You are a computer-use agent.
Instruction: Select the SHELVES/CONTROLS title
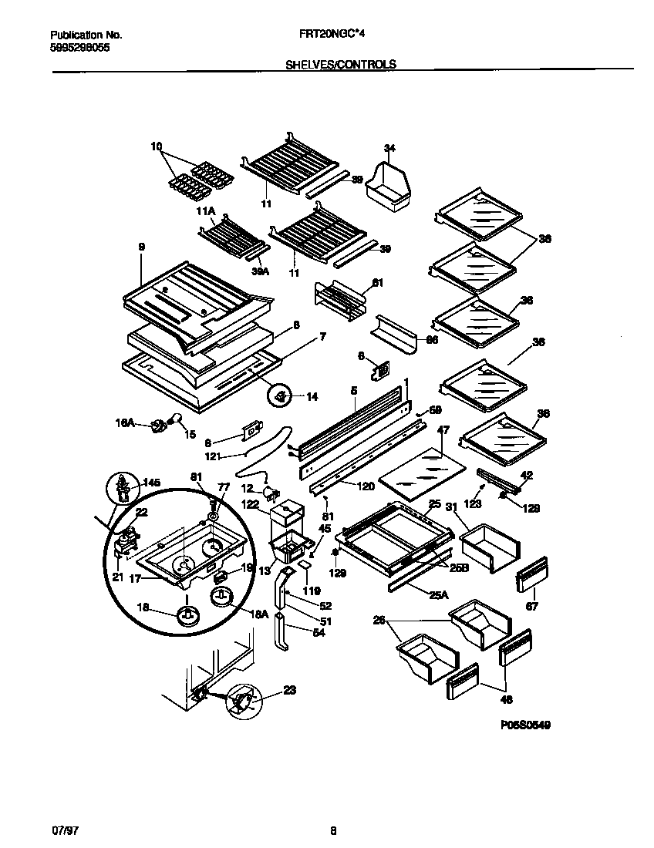click(341, 65)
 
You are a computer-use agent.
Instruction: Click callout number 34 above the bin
click(389, 148)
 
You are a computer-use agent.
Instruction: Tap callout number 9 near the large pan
click(141, 247)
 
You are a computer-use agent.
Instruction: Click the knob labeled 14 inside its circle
click(281, 396)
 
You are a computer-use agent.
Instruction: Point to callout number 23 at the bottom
click(288, 691)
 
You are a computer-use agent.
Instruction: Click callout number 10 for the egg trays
click(157, 146)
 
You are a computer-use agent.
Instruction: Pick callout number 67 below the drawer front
click(531, 606)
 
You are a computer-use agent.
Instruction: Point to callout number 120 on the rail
click(345, 486)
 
